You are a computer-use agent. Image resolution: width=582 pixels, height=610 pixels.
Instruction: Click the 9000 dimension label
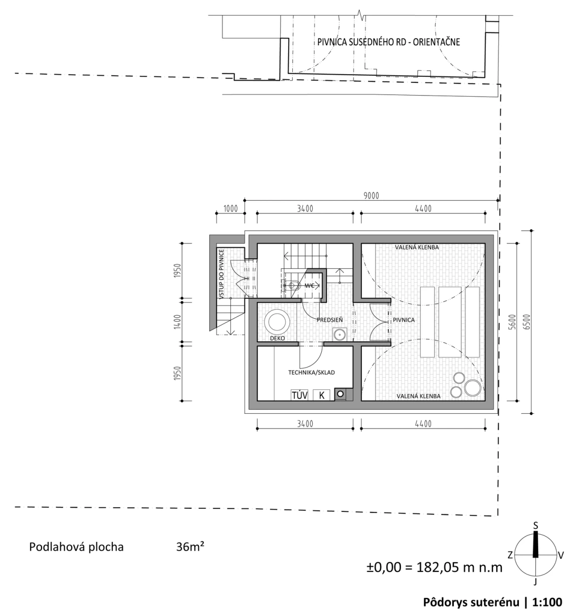[x=371, y=196]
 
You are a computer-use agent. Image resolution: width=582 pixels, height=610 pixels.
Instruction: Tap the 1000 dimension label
[x=230, y=208]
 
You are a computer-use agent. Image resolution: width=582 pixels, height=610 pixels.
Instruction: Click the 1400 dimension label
[x=177, y=322]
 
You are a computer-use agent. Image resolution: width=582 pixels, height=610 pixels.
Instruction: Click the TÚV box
[x=299, y=395]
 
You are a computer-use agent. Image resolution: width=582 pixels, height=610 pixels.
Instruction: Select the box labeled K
[x=321, y=395]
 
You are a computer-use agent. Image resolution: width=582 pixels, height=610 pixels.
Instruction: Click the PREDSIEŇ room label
[x=330, y=320]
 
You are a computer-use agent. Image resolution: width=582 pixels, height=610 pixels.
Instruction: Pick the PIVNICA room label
[x=404, y=320]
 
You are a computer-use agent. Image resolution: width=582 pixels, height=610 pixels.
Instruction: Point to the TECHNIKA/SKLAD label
[x=312, y=372]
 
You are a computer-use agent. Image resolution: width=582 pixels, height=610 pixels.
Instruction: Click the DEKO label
[x=278, y=338]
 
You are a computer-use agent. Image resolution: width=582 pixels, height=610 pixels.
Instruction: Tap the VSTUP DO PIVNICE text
[x=222, y=274]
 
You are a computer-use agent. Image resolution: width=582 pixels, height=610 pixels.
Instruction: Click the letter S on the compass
[x=535, y=526]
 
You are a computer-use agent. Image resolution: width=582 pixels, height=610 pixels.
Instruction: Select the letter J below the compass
[x=535, y=582]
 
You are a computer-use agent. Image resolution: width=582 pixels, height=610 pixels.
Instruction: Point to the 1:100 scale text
[x=547, y=602]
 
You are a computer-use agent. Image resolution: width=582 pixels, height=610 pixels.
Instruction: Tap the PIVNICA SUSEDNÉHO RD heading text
[x=361, y=42]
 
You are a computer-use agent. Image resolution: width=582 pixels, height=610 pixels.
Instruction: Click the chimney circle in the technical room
[x=341, y=394]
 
